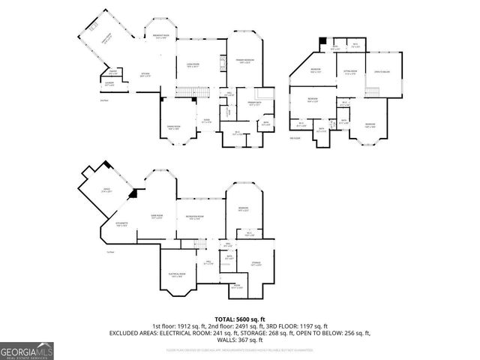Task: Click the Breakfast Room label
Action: coord(161,37)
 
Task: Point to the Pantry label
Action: coord(113,73)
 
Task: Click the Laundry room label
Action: coord(109,85)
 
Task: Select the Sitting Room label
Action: coord(350,73)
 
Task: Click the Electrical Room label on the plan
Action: coord(177,275)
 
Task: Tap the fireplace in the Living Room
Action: coord(223,64)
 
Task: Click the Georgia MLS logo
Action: coord(25,349)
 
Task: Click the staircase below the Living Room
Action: coord(193,92)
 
